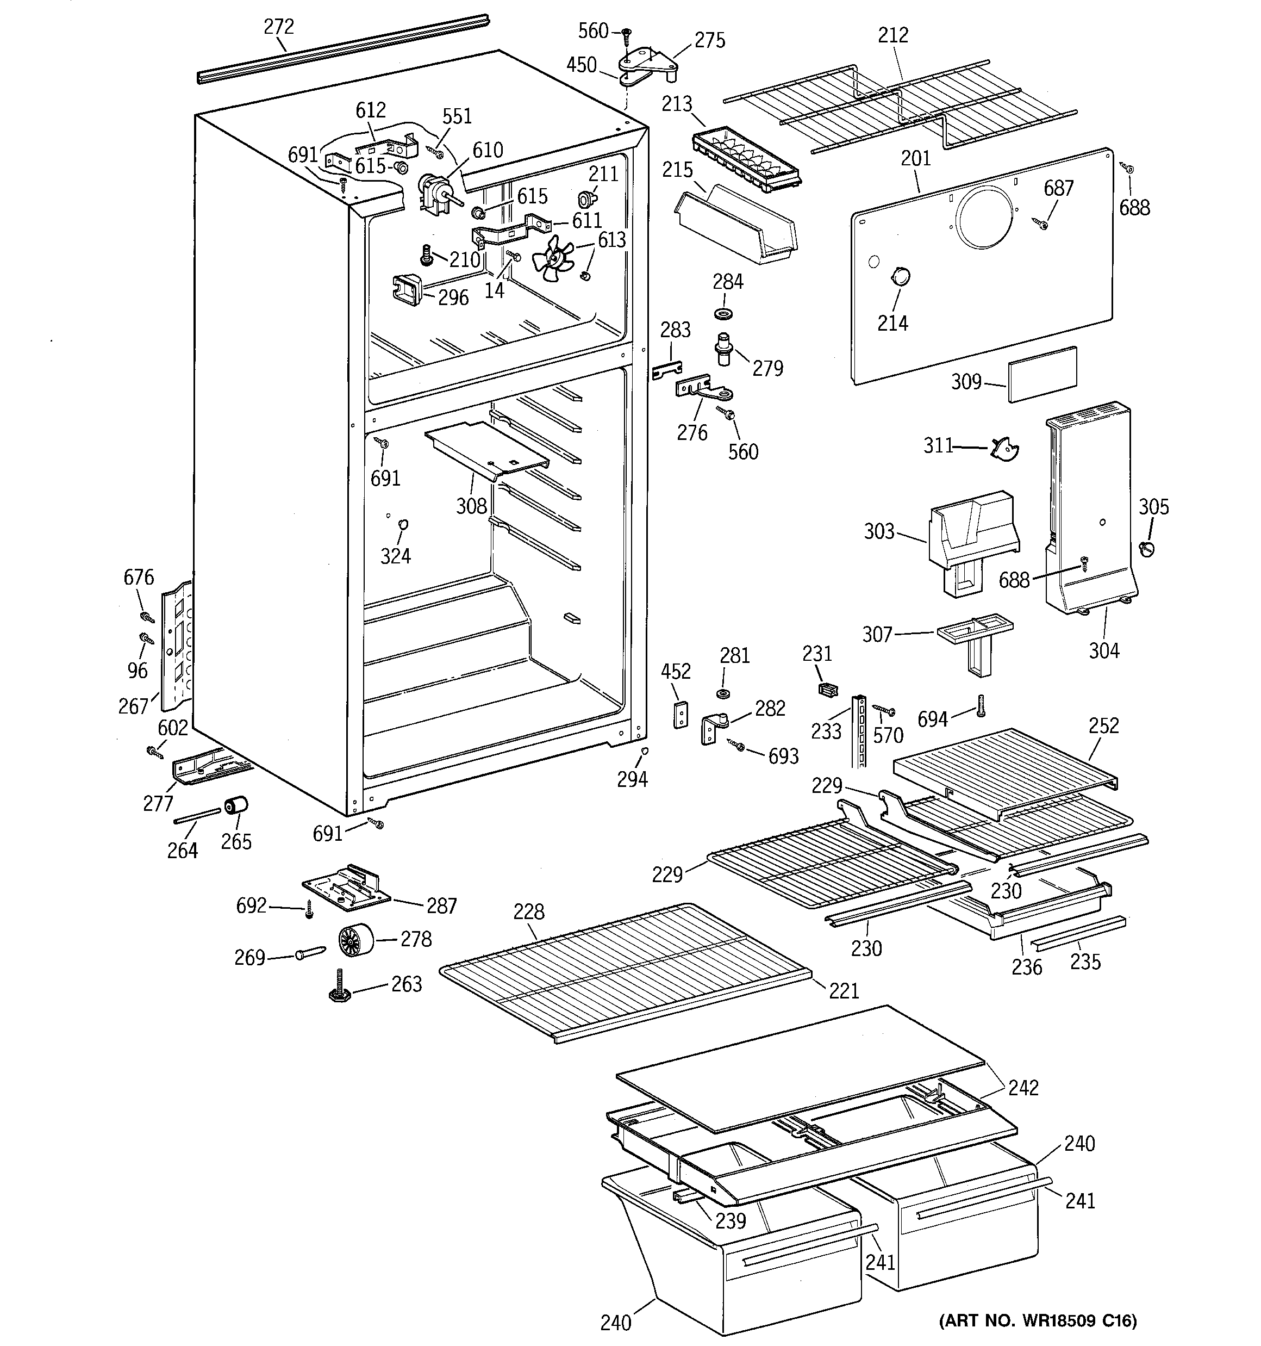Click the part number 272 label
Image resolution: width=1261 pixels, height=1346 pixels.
point(278,27)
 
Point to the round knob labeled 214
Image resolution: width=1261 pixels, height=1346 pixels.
point(900,277)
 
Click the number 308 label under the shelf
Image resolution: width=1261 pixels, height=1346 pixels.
point(471,506)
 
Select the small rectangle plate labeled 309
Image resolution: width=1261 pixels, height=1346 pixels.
point(1042,374)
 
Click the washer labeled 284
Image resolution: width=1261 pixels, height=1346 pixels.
point(726,314)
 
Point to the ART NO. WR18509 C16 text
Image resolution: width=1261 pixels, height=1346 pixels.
point(1037,1320)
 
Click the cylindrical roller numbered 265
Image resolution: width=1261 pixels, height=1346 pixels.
point(236,807)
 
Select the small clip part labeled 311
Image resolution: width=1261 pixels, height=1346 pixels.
point(1004,448)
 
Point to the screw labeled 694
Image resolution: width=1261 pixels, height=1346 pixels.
point(980,705)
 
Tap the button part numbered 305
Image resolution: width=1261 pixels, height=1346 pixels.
point(1146,547)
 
